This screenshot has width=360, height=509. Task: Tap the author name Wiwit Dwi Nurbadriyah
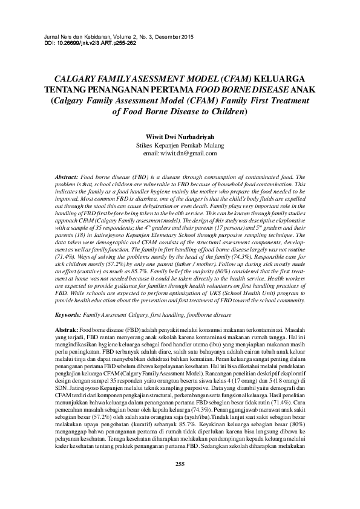[180, 137]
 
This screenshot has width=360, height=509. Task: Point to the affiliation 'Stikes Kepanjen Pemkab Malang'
[180, 145]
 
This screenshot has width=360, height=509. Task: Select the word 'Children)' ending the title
[227, 111]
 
